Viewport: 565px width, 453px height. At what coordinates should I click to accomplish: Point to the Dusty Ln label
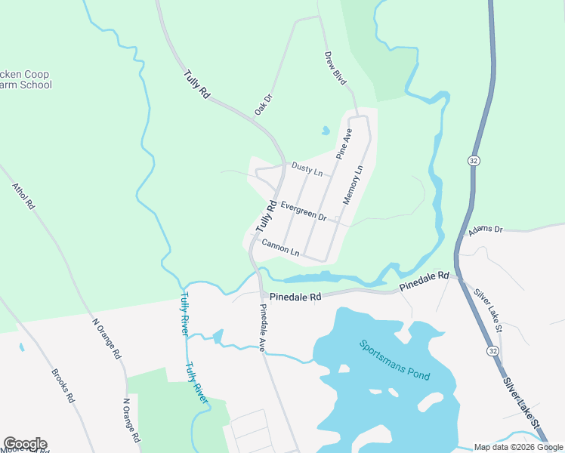[307, 170]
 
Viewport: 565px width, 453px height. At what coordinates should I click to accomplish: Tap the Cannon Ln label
[281, 248]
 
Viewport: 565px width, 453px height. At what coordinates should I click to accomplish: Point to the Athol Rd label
[23, 196]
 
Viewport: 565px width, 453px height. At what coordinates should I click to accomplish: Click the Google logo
[25, 444]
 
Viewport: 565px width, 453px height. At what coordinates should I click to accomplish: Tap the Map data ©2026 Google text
[518, 447]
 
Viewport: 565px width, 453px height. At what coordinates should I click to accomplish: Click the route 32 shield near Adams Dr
[472, 161]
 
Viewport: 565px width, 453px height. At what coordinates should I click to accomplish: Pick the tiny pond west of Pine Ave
[326, 131]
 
